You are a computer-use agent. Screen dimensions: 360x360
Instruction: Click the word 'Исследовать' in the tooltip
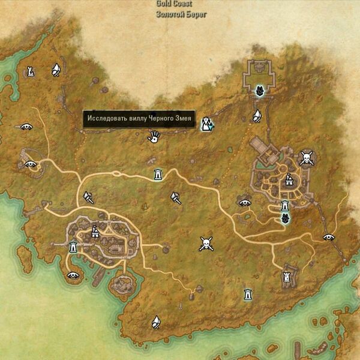[x=106, y=119]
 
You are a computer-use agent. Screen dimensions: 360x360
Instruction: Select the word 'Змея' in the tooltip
[x=182, y=119]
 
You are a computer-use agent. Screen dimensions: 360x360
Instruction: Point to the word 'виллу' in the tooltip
[x=137, y=119]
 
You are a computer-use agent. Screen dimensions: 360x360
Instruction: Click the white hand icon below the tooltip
[x=154, y=138]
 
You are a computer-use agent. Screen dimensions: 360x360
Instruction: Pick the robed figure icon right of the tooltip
[x=208, y=124]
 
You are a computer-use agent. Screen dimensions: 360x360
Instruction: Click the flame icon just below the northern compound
[x=257, y=115]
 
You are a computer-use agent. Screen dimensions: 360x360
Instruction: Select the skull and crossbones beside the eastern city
[x=307, y=158]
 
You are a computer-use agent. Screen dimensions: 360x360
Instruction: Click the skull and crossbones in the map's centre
[x=206, y=244]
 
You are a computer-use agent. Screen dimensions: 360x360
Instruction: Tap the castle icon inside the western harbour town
[x=95, y=232]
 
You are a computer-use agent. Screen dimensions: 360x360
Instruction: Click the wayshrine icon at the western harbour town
[x=73, y=246]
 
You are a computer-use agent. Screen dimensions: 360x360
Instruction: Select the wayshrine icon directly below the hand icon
[x=158, y=174]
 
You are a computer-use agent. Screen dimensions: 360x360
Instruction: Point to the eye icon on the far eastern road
[x=328, y=237]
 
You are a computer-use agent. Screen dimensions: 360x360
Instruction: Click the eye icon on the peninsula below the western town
[x=73, y=275]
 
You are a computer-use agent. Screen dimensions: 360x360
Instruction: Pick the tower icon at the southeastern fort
[x=286, y=277]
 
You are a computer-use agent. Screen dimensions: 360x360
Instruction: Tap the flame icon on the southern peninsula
[x=155, y=321]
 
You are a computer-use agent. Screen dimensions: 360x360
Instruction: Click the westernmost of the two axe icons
[x=88, y=196]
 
